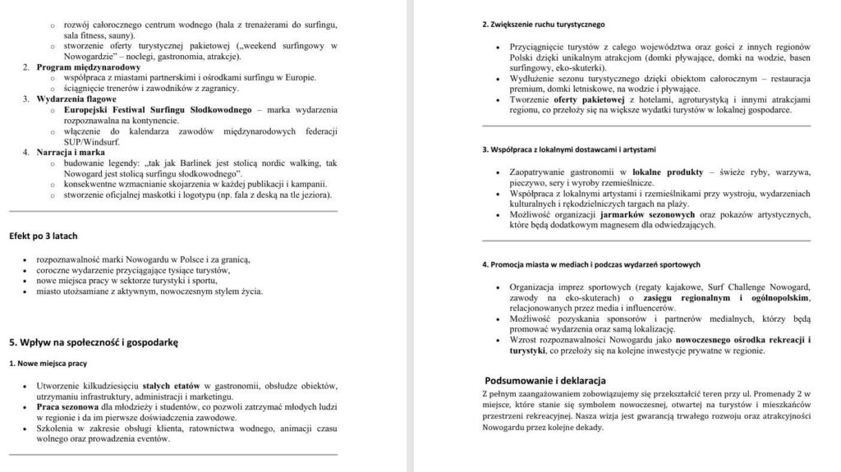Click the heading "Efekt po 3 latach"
pos(43,236)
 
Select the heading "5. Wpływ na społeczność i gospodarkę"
pos(94,340)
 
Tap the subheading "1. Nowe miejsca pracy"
pos(48,363)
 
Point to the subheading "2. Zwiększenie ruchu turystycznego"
pos(544,24)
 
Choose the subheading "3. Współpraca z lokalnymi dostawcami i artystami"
pos(568,149)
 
